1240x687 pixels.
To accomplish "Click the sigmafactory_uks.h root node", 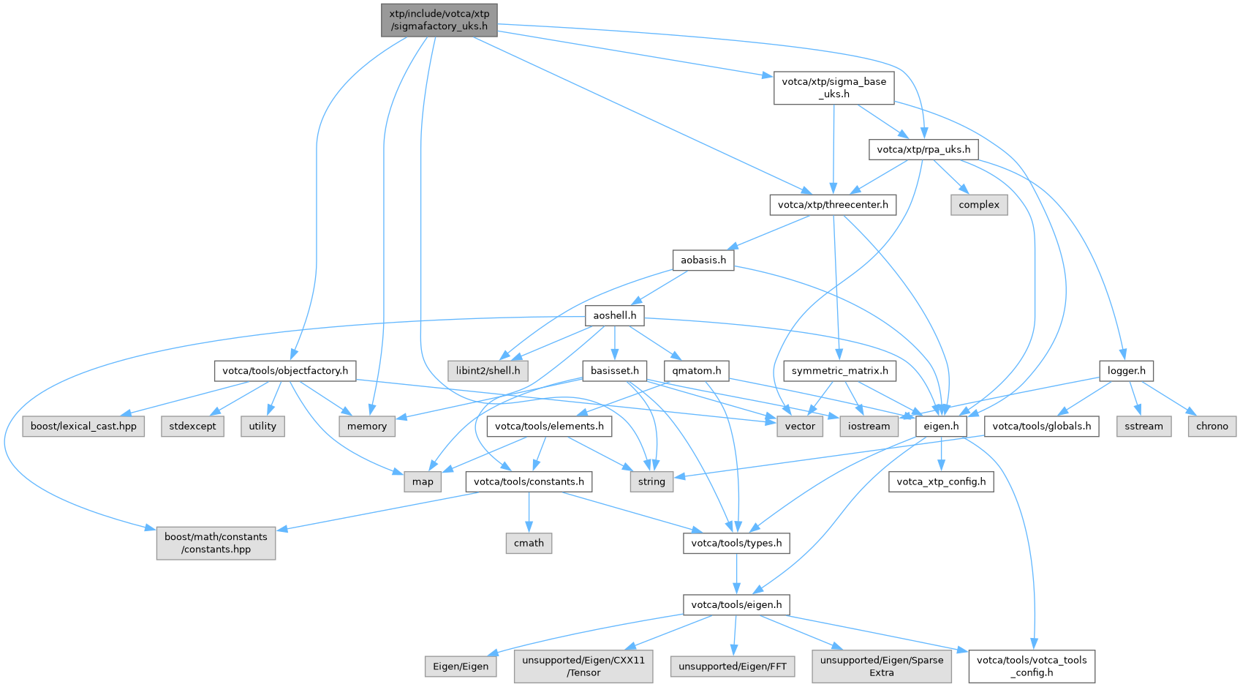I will (439, 20).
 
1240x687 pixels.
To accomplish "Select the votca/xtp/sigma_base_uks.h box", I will (833, 88).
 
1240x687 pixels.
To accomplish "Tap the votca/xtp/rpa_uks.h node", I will (923, 149).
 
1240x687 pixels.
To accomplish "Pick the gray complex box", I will (978, 205).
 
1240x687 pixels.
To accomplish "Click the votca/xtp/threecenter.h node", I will (833, 205).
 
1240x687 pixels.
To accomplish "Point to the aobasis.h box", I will (703, 260).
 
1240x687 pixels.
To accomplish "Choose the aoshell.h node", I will (614, 315).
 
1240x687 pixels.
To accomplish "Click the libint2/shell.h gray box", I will (488, 371).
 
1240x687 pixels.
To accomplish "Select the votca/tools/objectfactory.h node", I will (285, 371).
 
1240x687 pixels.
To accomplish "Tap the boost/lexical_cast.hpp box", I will (83, 427).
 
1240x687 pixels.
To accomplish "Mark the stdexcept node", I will (192, 427).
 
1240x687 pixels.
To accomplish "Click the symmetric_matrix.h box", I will (839, 371).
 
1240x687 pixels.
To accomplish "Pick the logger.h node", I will (1126, 371).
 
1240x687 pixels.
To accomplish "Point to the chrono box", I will (1211, 427).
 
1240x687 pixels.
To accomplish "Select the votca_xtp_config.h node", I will (941, 481).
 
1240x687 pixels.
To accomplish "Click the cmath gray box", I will (529, 543).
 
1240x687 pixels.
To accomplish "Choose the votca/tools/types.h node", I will (736, 543).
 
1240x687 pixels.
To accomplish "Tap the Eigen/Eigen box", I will (461, 667).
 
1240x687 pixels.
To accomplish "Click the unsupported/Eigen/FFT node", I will (732, 667).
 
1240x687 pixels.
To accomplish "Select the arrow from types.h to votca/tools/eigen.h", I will (736, 574).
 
